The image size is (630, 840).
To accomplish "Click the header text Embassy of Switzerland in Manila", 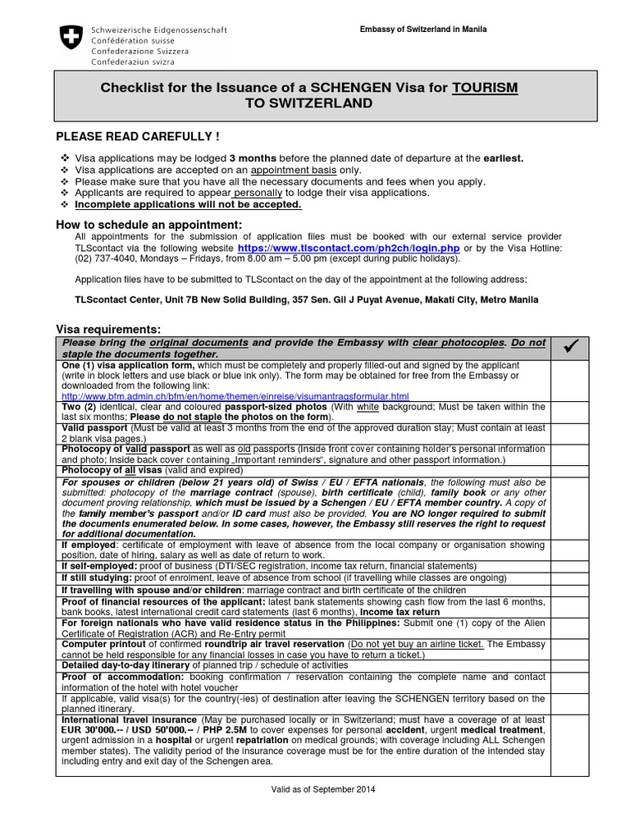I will coord(423,30).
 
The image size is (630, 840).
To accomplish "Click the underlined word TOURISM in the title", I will coord(485,87).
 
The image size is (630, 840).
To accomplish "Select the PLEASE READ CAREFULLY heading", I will coord(137,135).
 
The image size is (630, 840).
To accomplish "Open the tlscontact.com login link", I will coord(349,247).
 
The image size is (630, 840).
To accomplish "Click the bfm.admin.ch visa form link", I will coord(235,396).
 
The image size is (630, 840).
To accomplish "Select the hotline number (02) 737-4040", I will coord(102,258).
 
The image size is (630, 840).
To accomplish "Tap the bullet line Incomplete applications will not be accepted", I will coord(188,204).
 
